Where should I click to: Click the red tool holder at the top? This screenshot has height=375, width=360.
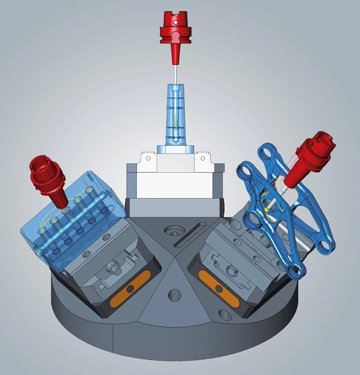tap(175, 31)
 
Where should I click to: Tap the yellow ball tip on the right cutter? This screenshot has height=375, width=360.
tap(266, 209)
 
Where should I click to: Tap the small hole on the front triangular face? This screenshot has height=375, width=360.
tap(173, 295)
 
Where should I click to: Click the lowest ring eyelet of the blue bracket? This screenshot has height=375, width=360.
tap(295, 270)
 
